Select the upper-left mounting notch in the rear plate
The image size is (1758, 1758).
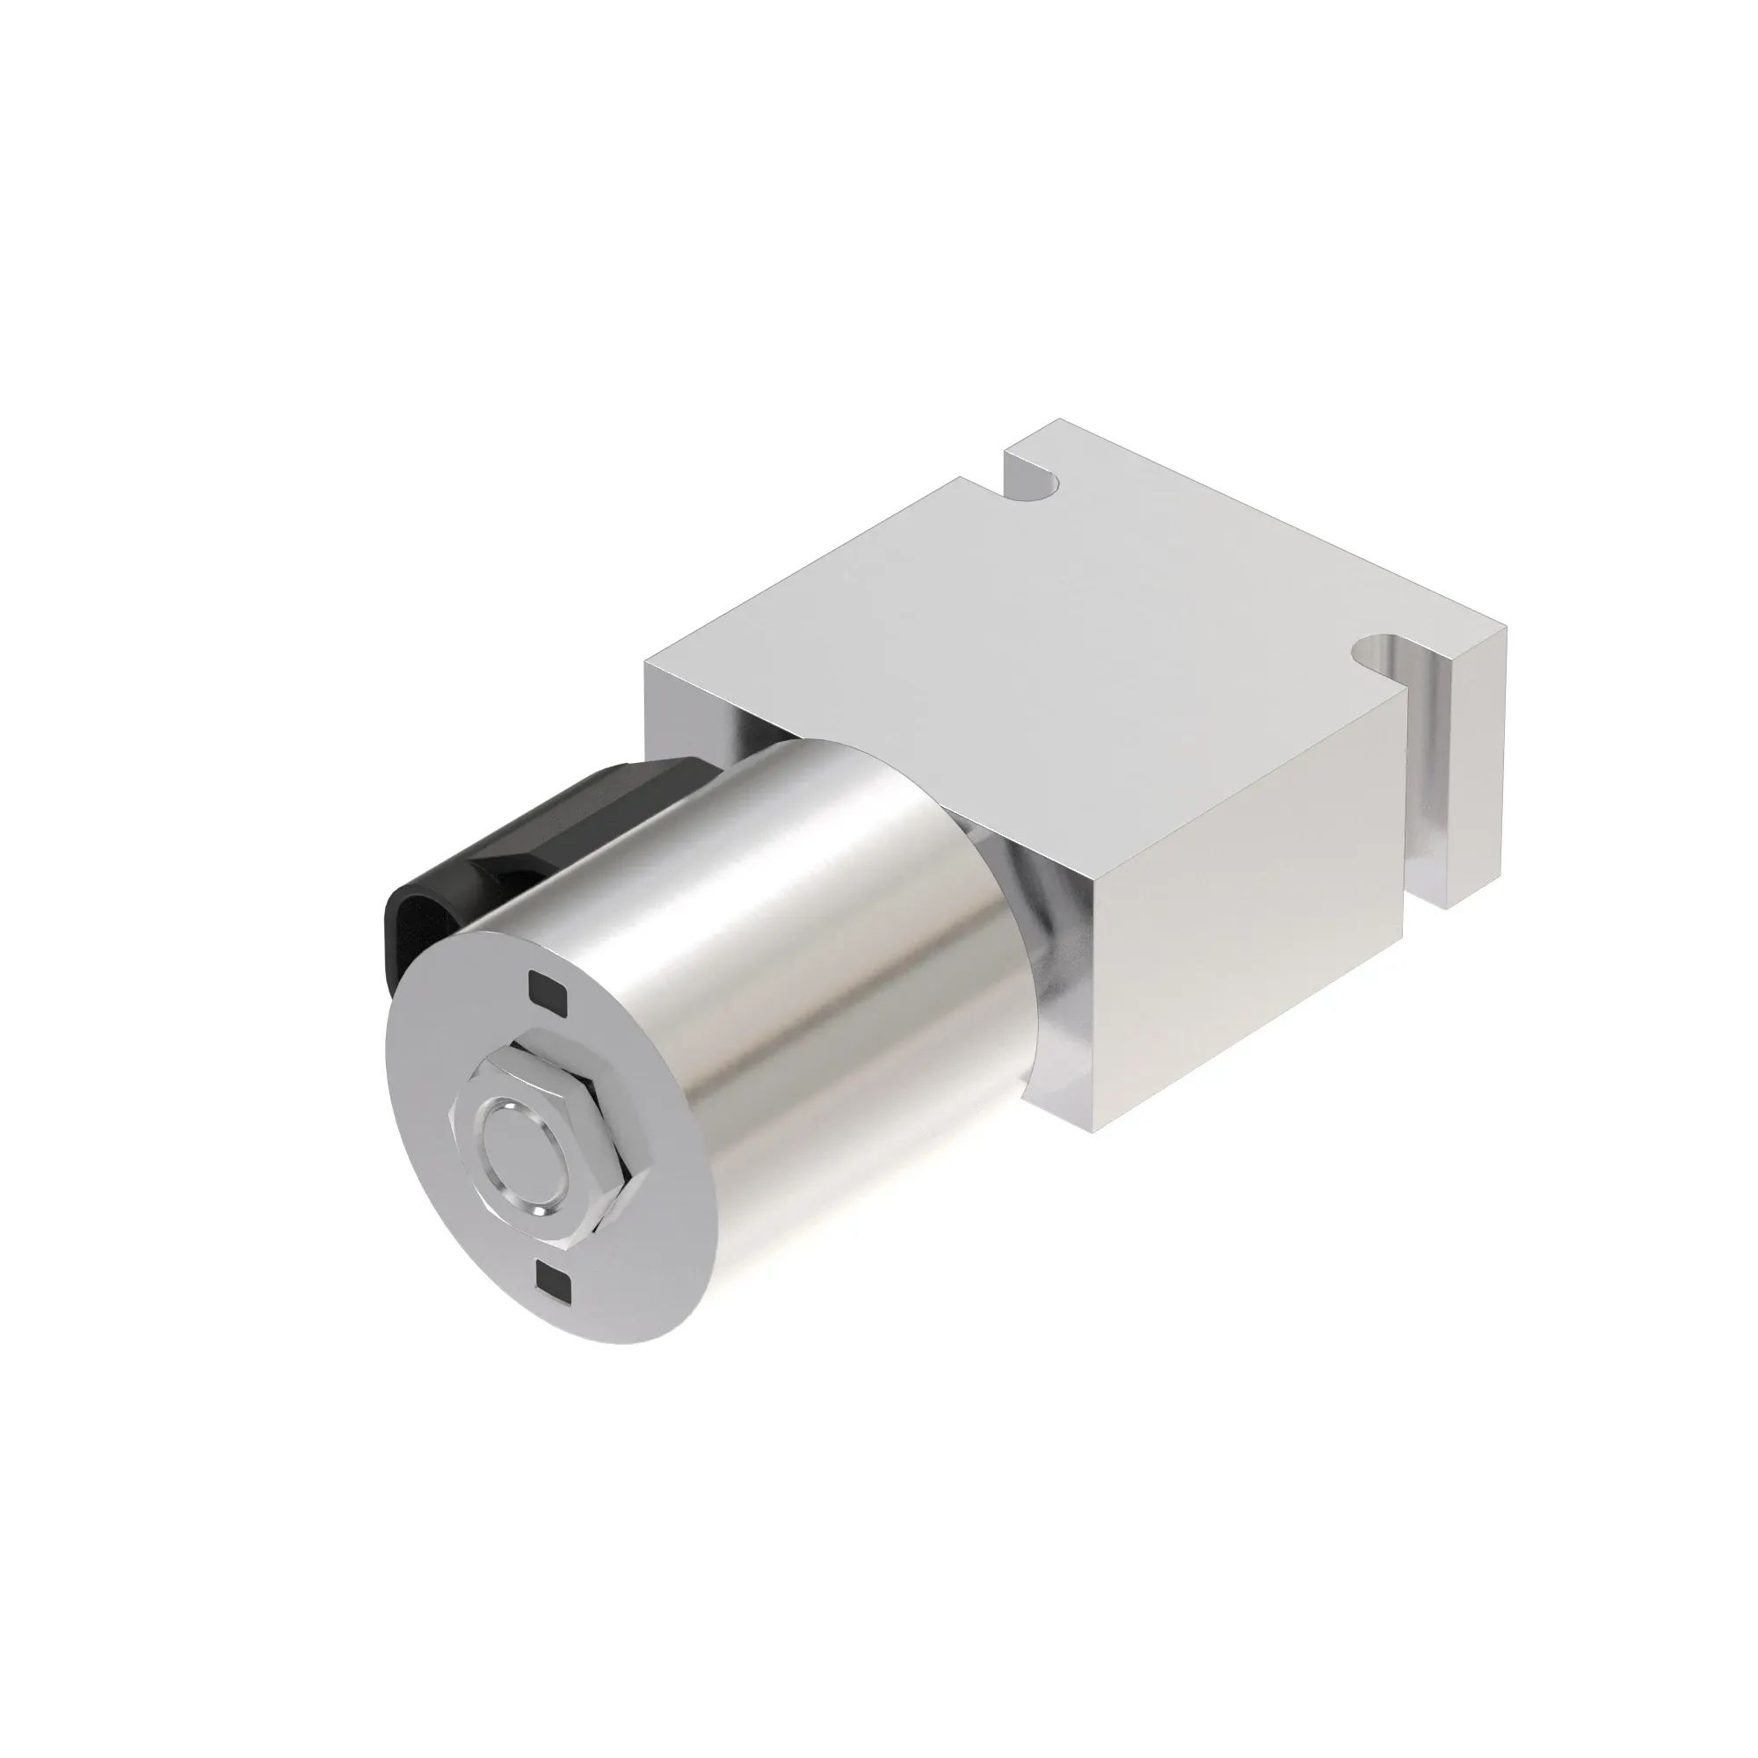[x=1037, y=483]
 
